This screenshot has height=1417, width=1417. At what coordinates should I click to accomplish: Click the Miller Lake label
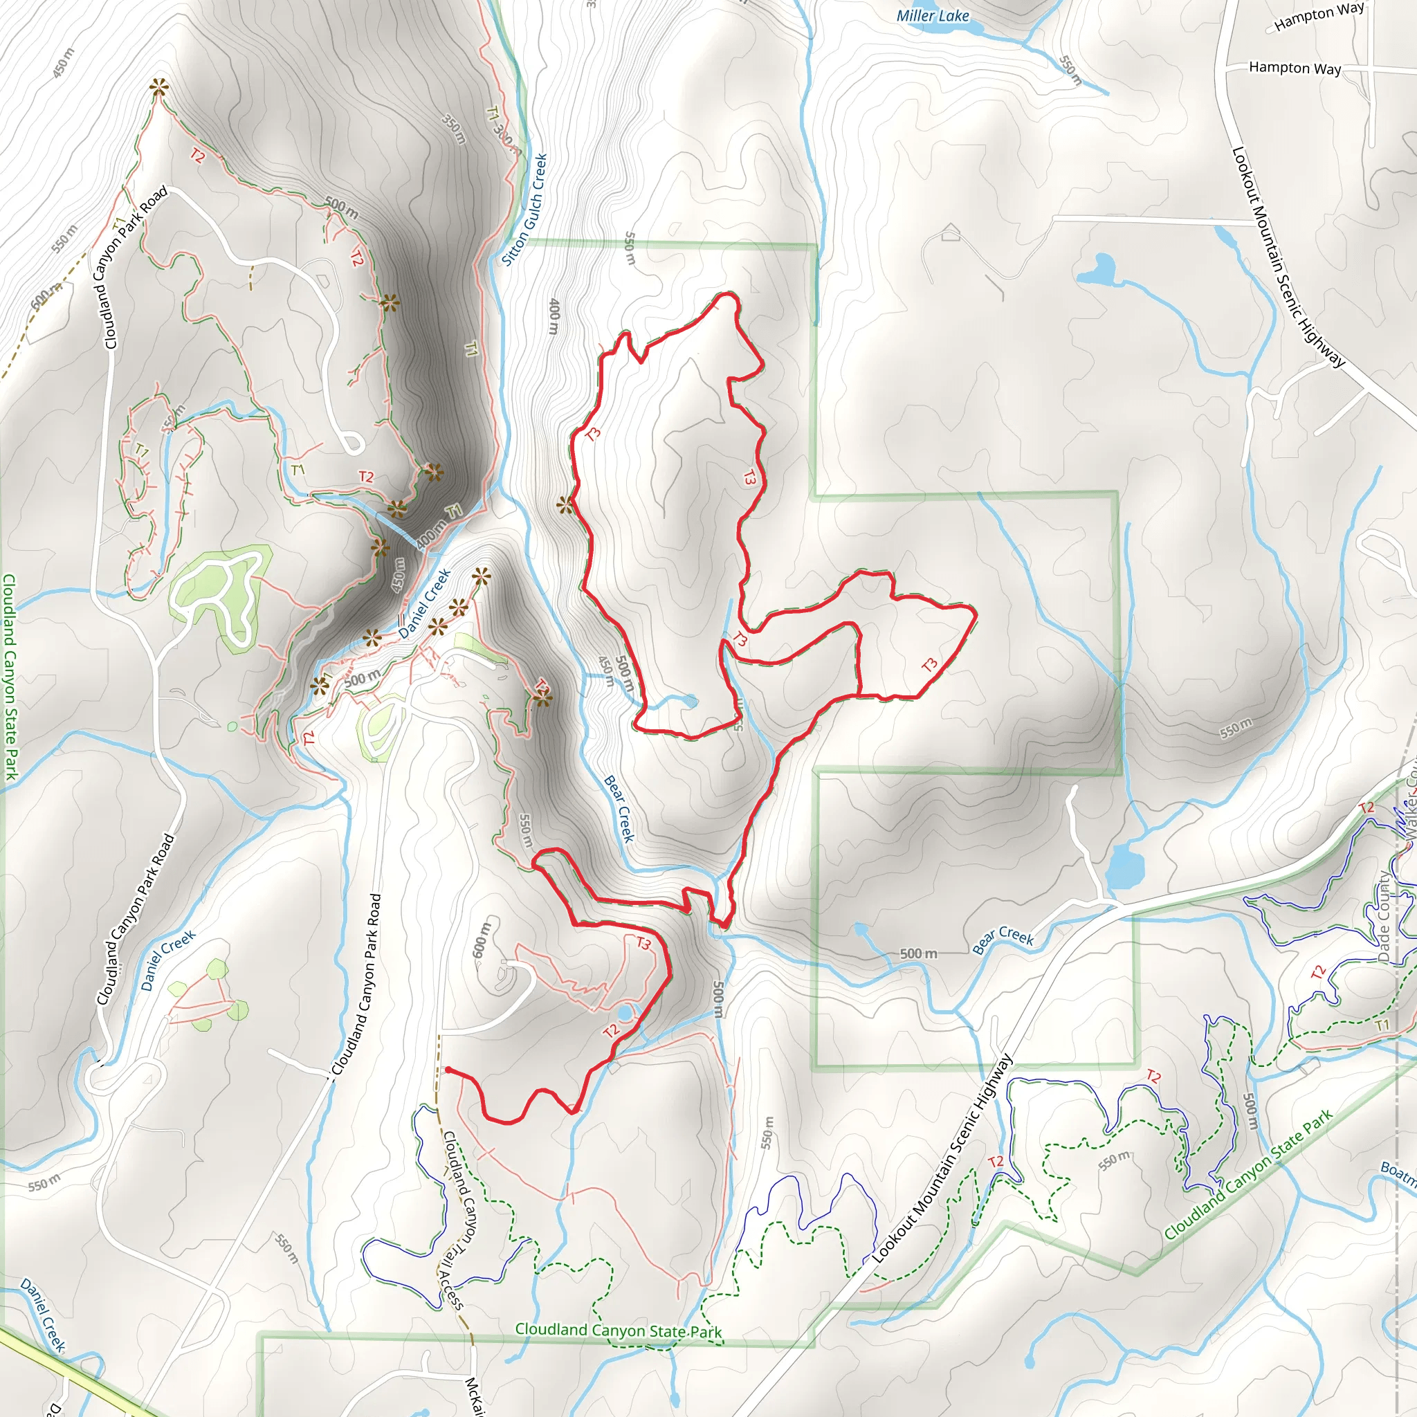click(932, 15)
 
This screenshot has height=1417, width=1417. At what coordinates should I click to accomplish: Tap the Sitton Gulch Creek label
click(524, 209)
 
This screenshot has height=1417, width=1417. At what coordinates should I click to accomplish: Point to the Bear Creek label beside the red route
click(619, 808)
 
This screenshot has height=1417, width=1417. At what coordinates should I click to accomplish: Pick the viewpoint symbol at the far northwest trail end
click(158, 87)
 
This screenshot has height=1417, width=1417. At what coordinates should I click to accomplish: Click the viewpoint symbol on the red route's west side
click(565, 504)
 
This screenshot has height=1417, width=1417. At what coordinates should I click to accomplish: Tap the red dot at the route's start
click(448, 1070)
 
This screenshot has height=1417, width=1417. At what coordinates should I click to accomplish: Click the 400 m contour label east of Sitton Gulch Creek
click(554, 316)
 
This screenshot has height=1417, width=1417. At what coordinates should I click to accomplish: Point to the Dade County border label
click(1384, 917)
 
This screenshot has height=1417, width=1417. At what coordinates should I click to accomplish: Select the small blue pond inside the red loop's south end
click(690, 702)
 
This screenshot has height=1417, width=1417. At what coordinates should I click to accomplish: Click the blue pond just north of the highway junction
click(1124, 865)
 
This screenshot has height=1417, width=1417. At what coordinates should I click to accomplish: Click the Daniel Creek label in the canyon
click(424, 603)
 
